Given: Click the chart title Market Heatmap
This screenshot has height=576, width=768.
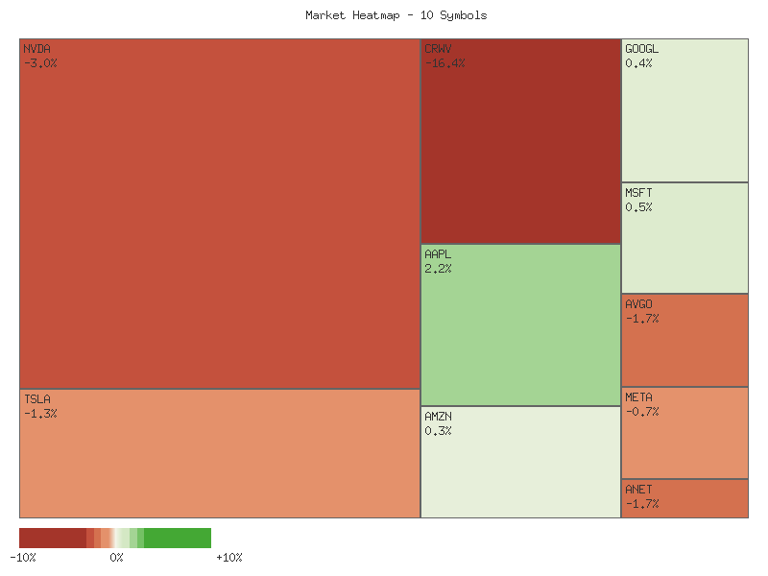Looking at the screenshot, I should pos(396,15).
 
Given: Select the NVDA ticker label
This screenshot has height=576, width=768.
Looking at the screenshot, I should pos(36,49).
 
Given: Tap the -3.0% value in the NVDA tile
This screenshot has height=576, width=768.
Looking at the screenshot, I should pos(40,63).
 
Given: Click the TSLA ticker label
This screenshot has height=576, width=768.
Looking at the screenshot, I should pos(36,399).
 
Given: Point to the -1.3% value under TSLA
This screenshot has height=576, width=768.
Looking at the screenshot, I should pos(40,414).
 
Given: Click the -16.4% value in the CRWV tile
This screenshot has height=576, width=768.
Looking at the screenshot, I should pos(444,63).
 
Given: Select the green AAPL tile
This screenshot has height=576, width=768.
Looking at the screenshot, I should pos(520,324).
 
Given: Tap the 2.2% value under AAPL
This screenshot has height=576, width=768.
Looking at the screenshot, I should pos(438,269).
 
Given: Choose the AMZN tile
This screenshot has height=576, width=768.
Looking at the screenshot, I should pos(520,462).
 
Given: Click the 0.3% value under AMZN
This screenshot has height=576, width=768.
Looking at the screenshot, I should pos(438,431).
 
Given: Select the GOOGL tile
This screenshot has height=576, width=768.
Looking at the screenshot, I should pos(684,110).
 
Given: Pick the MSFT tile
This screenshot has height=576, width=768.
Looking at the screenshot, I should pos(684,237).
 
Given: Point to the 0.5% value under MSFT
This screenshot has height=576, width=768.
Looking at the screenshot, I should pos(638,207).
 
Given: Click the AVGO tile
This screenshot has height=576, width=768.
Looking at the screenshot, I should pos(684,340).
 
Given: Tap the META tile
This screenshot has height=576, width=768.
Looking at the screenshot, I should pos(684,432).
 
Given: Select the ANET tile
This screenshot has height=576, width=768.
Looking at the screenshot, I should pos(684,498).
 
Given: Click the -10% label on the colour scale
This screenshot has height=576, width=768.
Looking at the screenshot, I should pos(22,558).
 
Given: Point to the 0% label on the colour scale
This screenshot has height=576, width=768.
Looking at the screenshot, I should pos(116,558).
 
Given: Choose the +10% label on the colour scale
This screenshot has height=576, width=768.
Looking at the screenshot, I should pos(228,558).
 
